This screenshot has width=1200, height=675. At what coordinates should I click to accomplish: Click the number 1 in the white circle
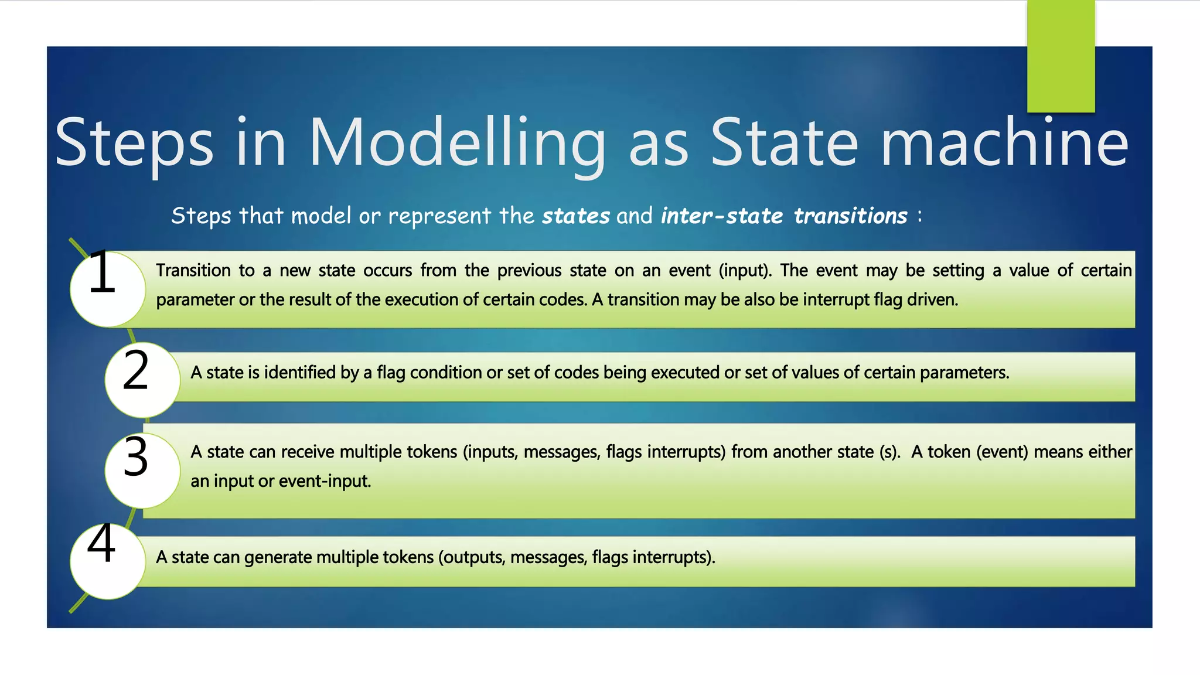(103, 272)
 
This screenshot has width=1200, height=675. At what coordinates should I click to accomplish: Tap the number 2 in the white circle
(136, 371)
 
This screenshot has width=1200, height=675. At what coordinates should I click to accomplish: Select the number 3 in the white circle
(136, 458)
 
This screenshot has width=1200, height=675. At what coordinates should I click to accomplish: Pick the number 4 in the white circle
(102, 544)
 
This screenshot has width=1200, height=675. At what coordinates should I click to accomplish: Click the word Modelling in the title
(456, 143)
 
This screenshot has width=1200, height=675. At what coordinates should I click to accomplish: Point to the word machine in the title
(1004, 143)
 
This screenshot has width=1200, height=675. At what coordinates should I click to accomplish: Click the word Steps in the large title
(134, 143)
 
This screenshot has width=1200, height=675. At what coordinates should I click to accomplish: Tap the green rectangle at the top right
(1061, 56)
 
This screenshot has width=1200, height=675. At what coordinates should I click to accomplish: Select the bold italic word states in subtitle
(575, 216)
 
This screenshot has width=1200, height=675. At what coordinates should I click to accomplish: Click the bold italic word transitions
(850, 216)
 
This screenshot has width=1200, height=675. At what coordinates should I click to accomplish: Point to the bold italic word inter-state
(721, 216)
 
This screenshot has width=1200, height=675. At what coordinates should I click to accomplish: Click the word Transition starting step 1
(193, 271)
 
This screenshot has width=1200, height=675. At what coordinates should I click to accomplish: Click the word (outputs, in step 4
(472, 557)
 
